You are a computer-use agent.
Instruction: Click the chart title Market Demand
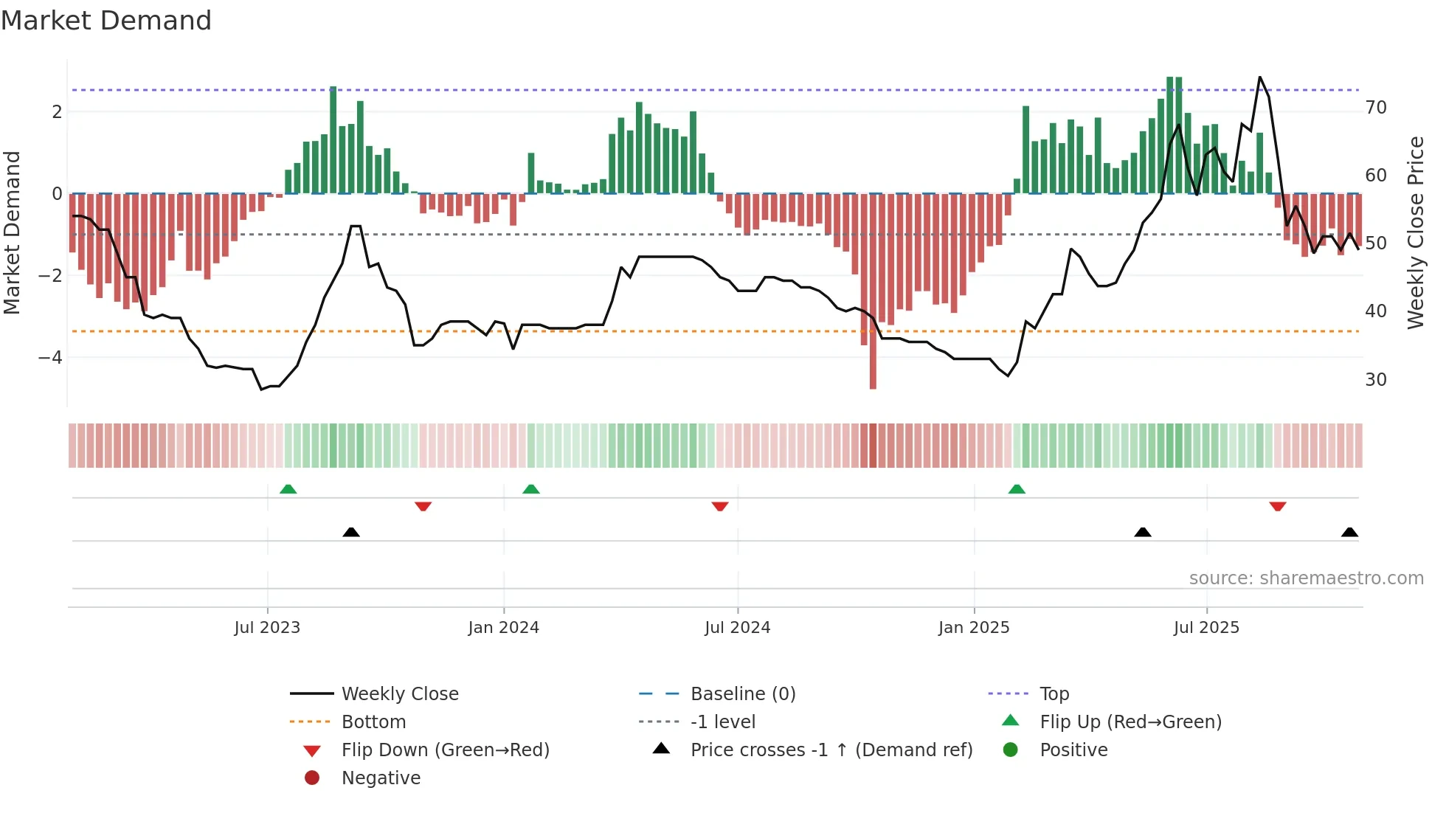point(106,21)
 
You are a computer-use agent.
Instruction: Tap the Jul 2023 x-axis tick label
point(267,628)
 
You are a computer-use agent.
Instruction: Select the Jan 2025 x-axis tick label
point(974,628)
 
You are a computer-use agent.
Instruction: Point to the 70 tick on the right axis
point(1376,108)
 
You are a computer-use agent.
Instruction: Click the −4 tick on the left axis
point(50,358)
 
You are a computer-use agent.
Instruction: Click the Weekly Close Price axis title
point(1415,232)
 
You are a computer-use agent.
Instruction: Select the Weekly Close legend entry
point(399,694)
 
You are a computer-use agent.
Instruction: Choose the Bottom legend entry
point(373,722)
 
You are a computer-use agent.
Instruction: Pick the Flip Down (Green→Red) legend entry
point(445,750)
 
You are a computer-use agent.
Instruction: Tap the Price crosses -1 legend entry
point(831,750)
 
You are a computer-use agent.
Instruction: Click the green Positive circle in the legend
point(1011,750)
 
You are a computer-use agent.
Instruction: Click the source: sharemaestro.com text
point(1306,578)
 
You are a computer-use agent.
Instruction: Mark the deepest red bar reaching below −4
point(873,369)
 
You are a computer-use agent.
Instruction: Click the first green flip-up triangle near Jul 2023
point(288,489)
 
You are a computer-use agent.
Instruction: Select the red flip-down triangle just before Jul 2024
point(720,506)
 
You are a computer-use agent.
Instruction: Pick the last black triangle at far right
point(1349,532)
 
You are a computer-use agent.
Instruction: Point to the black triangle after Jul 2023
point(351,532)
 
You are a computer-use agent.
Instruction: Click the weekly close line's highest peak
point(1259,77)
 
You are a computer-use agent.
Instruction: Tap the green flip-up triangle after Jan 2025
point(1017,489)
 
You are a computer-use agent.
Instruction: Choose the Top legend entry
point(1054,694)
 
